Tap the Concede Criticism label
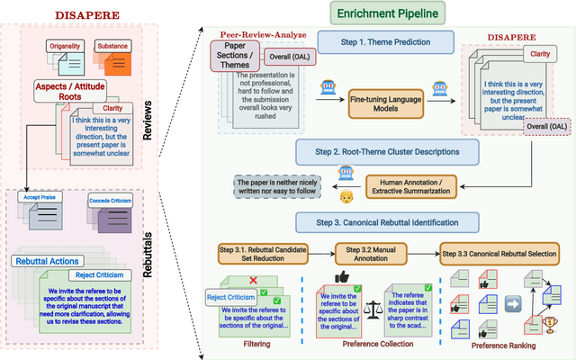112,201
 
